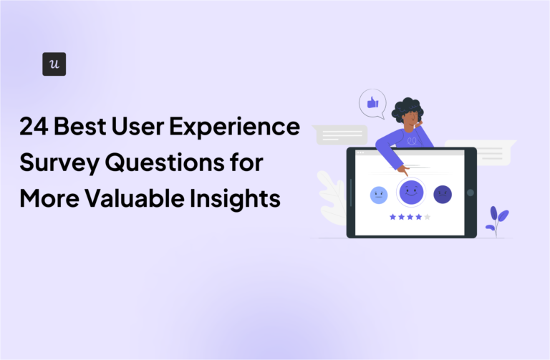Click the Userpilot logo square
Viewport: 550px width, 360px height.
click(x=54, y=64)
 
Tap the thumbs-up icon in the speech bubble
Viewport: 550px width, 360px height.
click(x=372, y=103)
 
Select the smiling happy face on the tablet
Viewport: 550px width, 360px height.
click(x=410, y=191)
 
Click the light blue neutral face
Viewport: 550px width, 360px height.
click(x=378, y=194)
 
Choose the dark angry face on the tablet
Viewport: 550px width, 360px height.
click(x=443, y=194)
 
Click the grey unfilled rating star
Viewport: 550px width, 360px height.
click(x=428, y=216)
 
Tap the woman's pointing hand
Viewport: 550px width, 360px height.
click(x=404, y=170)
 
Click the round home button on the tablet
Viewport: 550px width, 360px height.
click(x=470, y=193)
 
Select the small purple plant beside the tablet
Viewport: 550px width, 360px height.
click(x=496, y=218)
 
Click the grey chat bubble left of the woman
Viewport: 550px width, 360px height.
click(x=341, y=135)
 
